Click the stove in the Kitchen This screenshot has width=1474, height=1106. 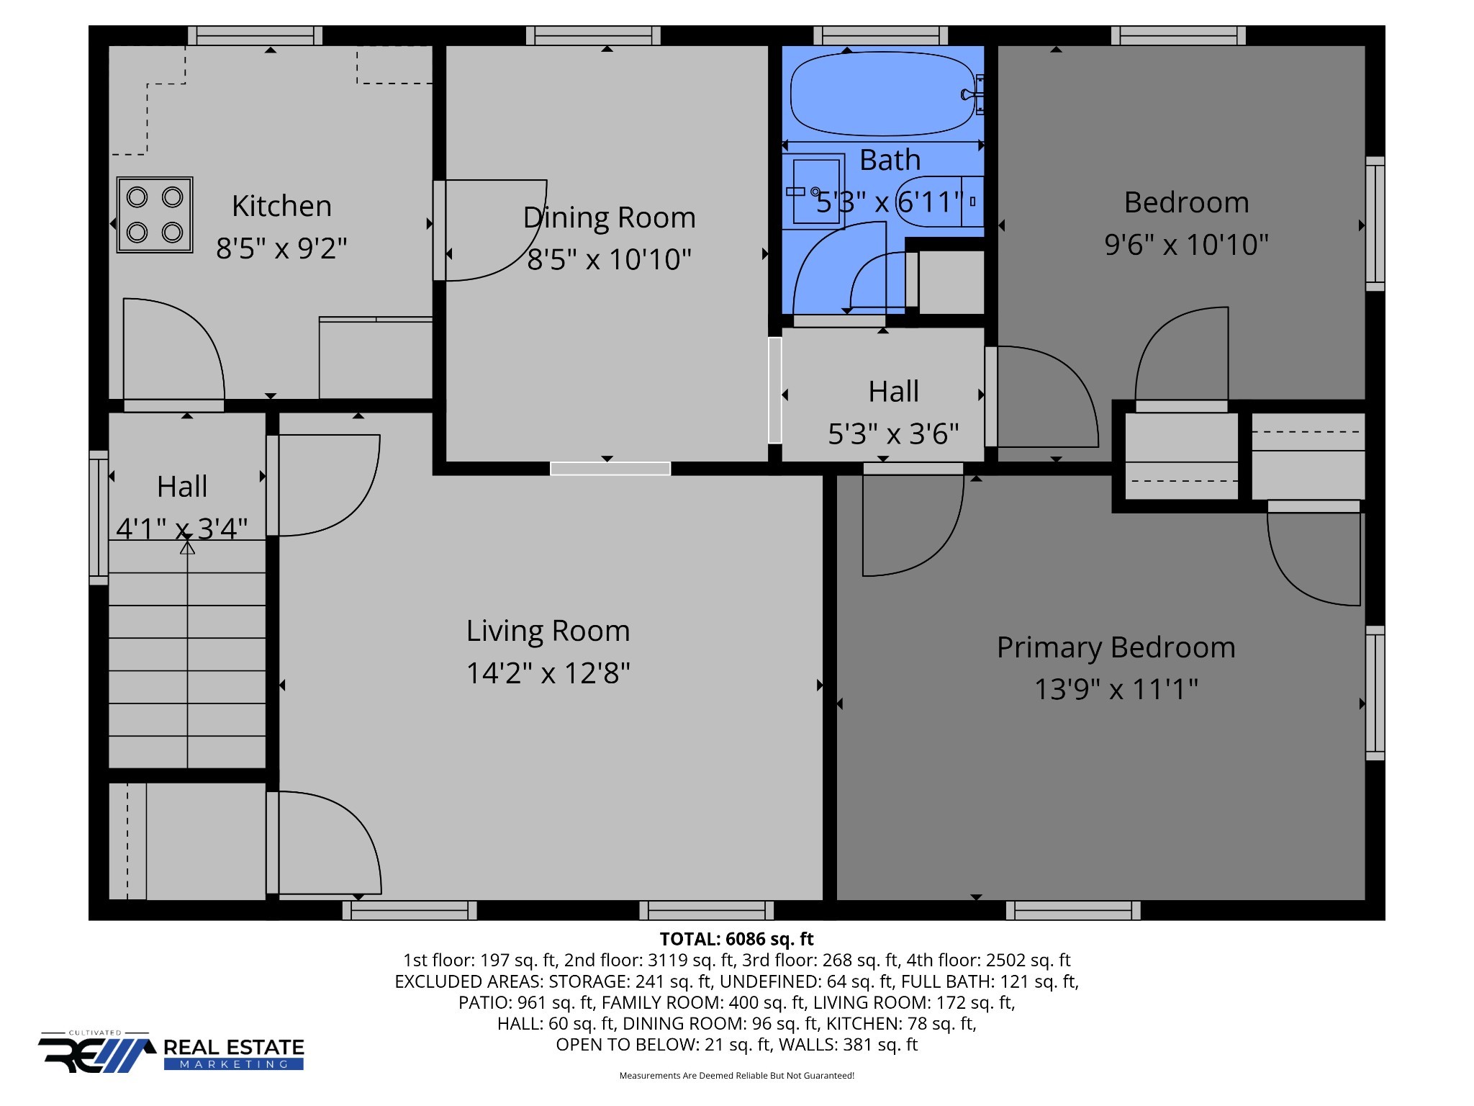pos(155,215)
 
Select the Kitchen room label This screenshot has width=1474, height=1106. pos(281,206)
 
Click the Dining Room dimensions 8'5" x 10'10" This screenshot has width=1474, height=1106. pos(609,259)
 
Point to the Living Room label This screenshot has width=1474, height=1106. pos(548,631)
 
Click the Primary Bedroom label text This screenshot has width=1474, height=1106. pos(1116,647)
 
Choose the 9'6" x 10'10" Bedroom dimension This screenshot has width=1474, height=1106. pos(1186,245)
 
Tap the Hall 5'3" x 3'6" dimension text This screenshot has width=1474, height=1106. pos(893,434)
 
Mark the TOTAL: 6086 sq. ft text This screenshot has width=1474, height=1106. pos(736,939)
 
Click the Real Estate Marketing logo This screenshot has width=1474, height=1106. pos(171,1051)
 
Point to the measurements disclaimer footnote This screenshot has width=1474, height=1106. pos(736,1076)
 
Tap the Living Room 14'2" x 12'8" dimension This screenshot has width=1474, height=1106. pos(548,673)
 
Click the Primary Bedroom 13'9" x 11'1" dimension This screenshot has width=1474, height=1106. pos(1116,689)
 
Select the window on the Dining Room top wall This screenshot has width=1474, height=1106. pos(593,35)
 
